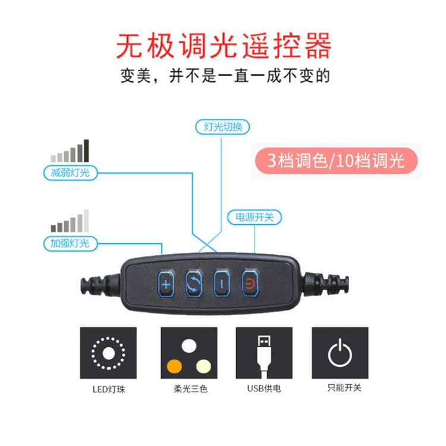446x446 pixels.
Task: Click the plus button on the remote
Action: click(166, 284)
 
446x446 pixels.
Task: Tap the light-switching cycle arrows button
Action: click(194, 284)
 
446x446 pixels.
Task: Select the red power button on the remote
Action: click(250, 284)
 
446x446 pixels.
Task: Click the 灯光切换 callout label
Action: click(222, 127)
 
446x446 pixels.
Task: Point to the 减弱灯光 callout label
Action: click(71, 172)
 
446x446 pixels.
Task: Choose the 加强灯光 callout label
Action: click(71, 243)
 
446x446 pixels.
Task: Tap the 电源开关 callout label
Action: click(255, 217)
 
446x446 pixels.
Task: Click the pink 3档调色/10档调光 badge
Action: click(336, 161)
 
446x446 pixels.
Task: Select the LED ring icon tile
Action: click(108, 353)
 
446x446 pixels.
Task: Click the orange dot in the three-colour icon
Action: click(174, 366)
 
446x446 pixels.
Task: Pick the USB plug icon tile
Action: click(264, 353)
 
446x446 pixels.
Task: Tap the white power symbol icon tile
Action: click(340, 353)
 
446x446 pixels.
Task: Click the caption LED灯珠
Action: click(109, 389)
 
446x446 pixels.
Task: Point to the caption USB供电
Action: click(264, 388)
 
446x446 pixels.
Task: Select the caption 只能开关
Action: click(344, 387)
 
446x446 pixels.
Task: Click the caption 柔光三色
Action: click(190, 389)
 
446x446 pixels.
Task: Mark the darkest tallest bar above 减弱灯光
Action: click(86, 151)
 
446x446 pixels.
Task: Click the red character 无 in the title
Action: click(130, 46)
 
